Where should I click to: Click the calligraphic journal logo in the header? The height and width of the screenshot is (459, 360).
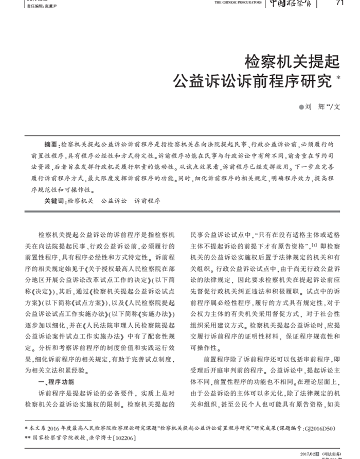293,4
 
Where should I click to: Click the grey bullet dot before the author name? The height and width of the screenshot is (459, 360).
302,108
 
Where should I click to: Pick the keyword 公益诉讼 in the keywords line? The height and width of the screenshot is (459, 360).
114,200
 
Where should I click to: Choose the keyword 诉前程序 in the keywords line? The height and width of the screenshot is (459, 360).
147,200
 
